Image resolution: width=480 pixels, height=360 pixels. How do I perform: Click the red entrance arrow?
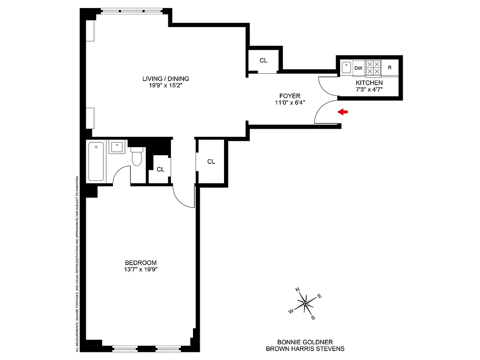(342, 112)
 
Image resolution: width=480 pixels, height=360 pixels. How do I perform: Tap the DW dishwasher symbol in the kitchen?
(358, 68)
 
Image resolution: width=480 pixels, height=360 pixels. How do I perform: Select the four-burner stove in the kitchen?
(373, 68)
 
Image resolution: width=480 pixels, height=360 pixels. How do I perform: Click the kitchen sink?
(346, 67)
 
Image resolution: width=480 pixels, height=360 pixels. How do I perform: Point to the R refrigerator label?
(390, 68)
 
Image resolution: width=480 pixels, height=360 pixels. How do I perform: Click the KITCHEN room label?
(369, 83)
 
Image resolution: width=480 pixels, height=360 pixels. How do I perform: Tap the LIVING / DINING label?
(163, 79)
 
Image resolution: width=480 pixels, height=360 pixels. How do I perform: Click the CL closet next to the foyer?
(263, 60)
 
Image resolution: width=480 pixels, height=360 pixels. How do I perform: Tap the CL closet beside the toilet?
(160, 169)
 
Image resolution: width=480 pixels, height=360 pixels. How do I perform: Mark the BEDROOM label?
(140, 263)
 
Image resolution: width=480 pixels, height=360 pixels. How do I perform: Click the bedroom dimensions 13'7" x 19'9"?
(140, 270)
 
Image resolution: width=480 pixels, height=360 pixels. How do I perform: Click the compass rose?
(305, 303)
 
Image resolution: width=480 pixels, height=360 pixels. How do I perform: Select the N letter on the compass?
(297, 290)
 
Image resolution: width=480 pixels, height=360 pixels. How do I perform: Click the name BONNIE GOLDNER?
(305, 342)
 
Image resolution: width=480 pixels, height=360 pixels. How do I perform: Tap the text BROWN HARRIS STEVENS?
(305, 348)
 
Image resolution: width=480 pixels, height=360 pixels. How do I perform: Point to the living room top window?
(131, 11)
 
